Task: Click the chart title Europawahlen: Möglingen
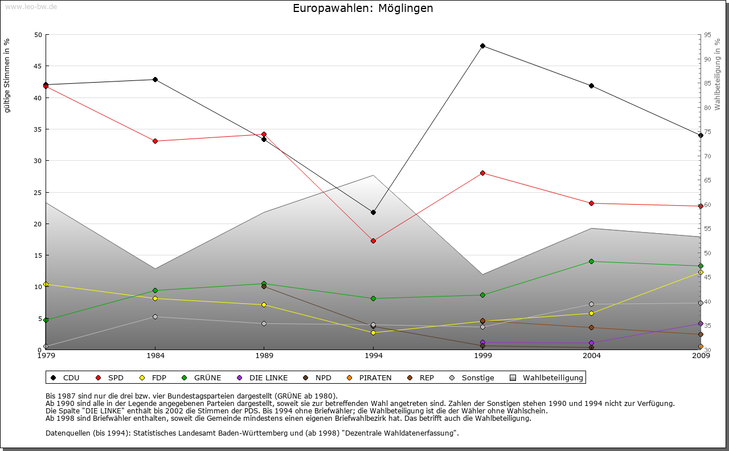[363, 8]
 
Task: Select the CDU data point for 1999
[482, 46]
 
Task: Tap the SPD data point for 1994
[373, 241]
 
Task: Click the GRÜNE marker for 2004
[592, 261]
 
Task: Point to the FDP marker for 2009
[701, 272]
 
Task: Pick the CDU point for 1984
[155, 79]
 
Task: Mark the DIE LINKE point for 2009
[701, 323]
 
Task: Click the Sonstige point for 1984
[155, 316]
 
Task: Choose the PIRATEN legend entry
[370, 377]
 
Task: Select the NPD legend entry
[318, 377]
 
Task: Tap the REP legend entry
[421, 377]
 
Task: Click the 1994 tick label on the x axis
[374, 356]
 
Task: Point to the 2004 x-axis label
[592, 356]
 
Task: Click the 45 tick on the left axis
[39, 66]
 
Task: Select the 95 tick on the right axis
[707, 35]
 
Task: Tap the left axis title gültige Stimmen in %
[7, 75]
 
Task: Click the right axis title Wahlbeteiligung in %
[718, 75]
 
